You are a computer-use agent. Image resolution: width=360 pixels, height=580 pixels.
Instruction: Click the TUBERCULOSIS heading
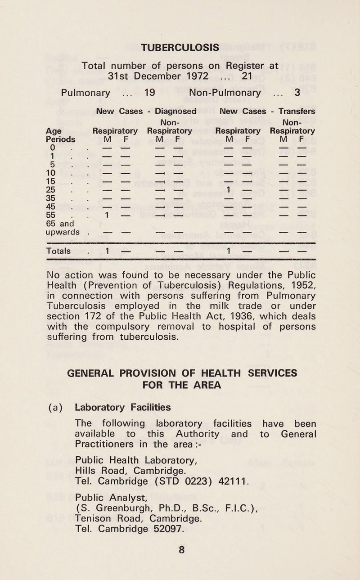[x=180, y=47]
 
